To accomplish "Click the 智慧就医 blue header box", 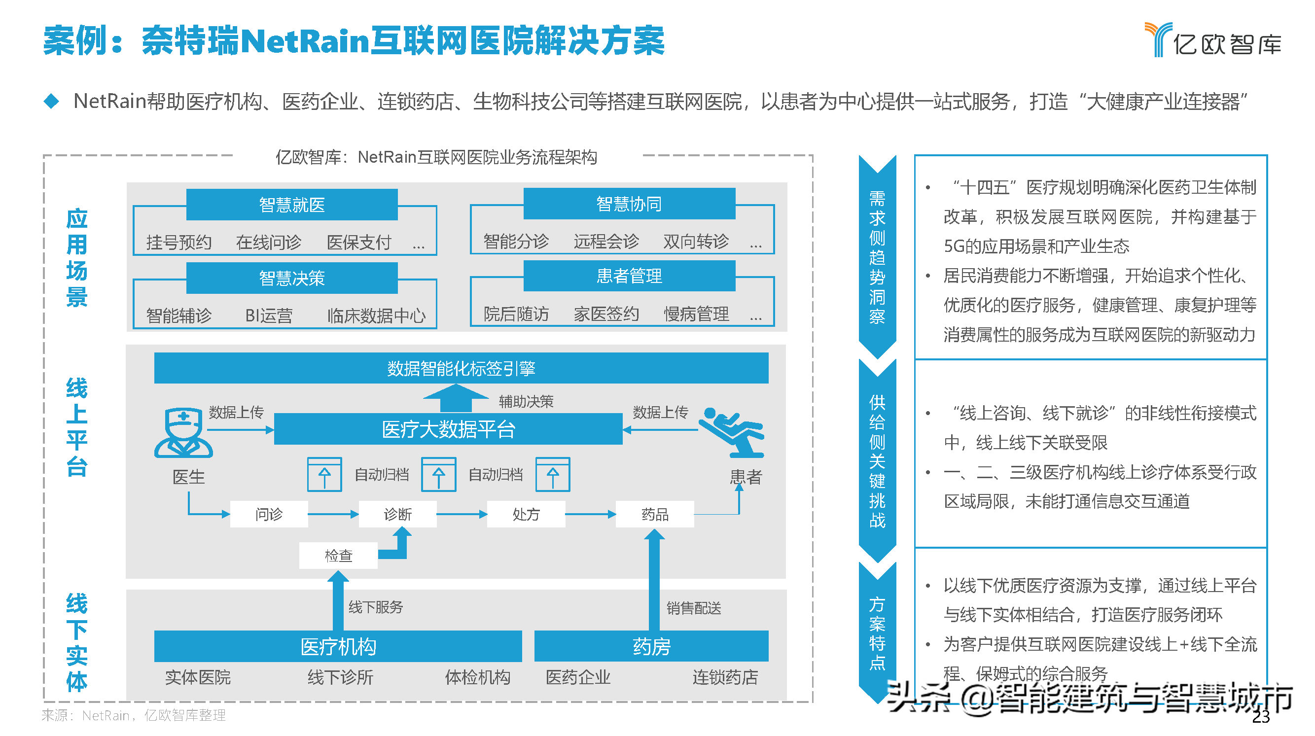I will point(291,205).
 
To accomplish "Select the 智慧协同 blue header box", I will point(629,204).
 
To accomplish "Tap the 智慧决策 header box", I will point(291,278).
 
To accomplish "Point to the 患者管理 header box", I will point(629,276).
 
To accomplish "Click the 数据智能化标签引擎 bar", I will point(461,368).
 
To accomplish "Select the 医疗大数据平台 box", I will point(448,429).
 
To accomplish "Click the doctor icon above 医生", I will point(183,432).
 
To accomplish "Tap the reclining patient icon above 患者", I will point(732,432).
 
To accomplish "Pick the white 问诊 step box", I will point(269,514).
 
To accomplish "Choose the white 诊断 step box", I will point(398,514).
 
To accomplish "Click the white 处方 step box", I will point(526,514).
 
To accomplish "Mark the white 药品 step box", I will point(654,514).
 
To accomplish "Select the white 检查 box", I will point(338,555).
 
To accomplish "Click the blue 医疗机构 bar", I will point(338,646).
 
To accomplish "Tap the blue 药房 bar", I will point(651,646).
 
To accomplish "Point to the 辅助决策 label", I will point(526,402).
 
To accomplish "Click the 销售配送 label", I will point(694,608).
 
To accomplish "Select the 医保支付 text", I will point(359,242).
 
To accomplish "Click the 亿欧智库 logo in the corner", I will point(1213,40).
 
